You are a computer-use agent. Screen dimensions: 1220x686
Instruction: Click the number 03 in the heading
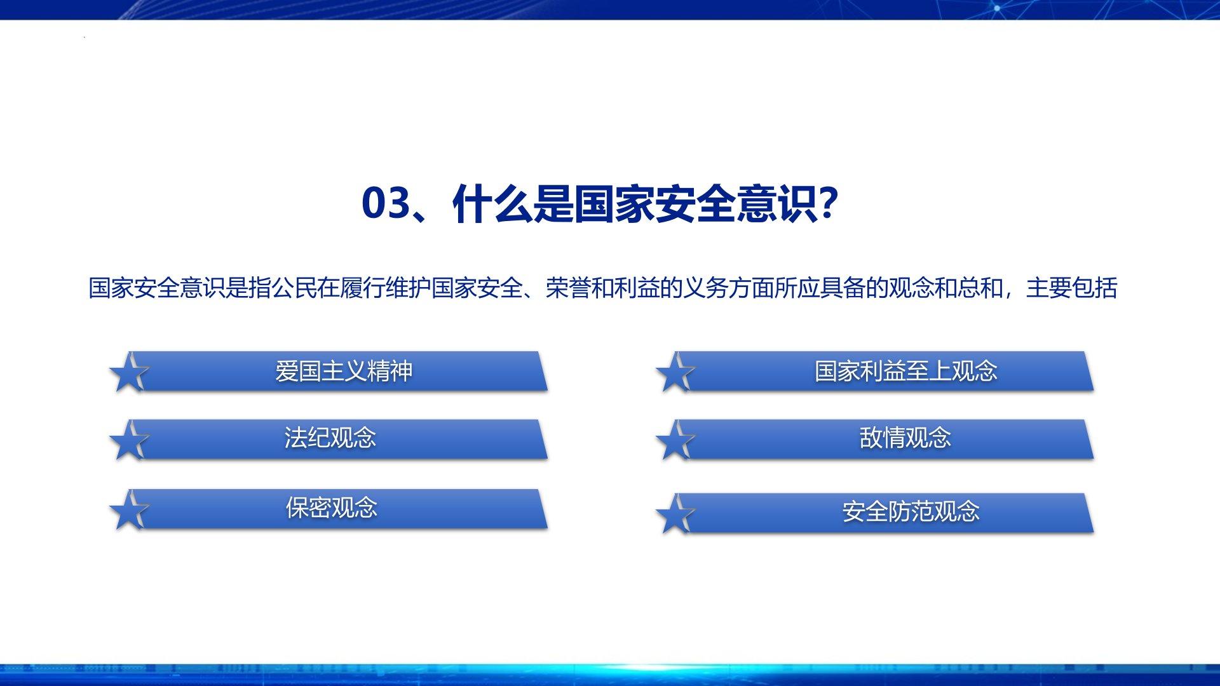pyautogui.click(x=384, y=203)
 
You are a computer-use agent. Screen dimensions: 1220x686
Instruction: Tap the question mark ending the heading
pyautogui.click(x=825, y=203)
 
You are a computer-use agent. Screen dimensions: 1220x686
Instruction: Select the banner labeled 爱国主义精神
pyautogui.click(x=337, y=371)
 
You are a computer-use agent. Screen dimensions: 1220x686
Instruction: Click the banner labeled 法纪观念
pyautogui.click(x=337, y=439)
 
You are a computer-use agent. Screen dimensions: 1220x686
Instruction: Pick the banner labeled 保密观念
pyautogui.click(x=337, y=509)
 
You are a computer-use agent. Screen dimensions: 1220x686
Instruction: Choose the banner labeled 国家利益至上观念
pyautogui.click(x=883, y=371)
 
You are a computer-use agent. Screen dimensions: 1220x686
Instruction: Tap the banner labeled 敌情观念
pyautogui.click(x=883, y=439)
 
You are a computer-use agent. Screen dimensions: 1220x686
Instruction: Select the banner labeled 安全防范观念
pyautogui.click(x=883, y=513)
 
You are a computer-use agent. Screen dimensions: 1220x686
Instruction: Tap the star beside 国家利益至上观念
pyautogui.click(x=675, y=373)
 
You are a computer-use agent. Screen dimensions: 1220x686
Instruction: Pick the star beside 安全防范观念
pyautogui.click(x=675, y=515)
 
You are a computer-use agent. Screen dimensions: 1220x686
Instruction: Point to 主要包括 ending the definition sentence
pyautogui.click(x=1072, y=288)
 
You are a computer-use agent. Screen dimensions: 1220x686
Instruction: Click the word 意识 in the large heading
pyautogui.click(x=777, y=203)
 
